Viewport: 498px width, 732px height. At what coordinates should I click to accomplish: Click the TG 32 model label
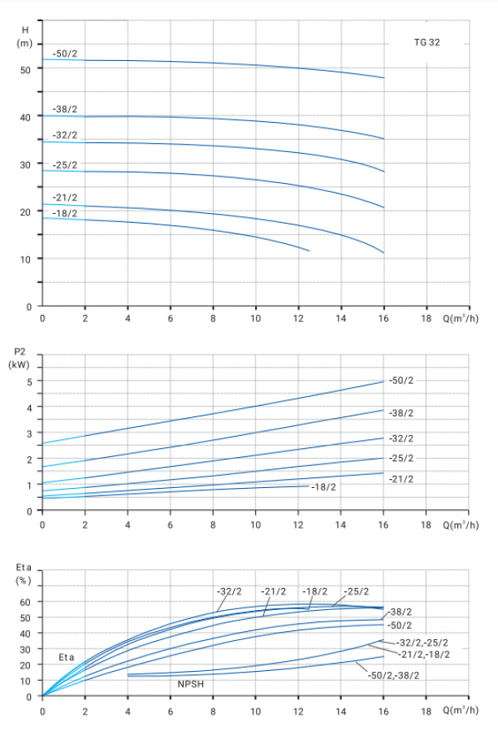coord(427,41)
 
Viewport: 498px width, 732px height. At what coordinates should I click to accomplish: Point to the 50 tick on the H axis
coord(26,69)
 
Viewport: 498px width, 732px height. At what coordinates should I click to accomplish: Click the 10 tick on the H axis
coord(26,259)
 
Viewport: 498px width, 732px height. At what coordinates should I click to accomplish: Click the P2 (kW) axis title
coord(20,358)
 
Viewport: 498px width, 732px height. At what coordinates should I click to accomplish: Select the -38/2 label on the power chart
coord(401,413)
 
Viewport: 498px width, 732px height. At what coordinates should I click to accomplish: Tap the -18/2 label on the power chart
coord(323,486)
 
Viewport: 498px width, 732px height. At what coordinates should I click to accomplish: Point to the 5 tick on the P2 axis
coord(29,381)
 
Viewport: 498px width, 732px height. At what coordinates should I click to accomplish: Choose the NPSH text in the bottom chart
coord(191,685)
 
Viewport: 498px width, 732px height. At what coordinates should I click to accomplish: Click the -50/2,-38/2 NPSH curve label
coord(395,675)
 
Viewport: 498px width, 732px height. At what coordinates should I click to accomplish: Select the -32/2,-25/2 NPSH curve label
coord(421,642)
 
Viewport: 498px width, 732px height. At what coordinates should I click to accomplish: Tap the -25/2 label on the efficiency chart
coord(356,591)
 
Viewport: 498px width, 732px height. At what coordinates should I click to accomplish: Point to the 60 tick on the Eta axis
coord(26,602)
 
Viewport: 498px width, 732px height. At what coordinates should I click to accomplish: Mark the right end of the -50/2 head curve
coord(384,78)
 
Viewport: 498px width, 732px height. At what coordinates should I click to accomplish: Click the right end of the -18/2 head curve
coord(310,251)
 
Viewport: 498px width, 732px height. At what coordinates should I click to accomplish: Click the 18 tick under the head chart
coord(427,319)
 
